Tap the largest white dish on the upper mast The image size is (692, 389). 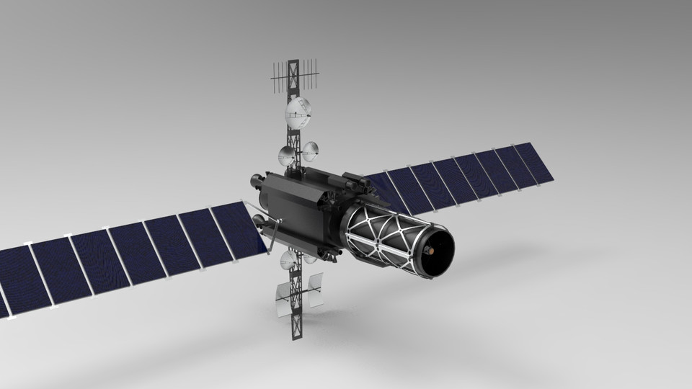pyautogui.click(x=299, y=111)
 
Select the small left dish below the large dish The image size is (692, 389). pyautogui.click(x=287, y=154)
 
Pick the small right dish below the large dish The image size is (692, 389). pyautogui.click(x=310, y=151)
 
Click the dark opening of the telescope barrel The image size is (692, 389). pyautogui.click(x=435, y=251)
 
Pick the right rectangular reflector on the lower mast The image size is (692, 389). pyautogui.click(x=314, y=290)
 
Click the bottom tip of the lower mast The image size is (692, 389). pyautogui.click(x=296, y=337)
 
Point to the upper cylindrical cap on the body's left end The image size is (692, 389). pyautogui.click(x=255, y=179)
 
